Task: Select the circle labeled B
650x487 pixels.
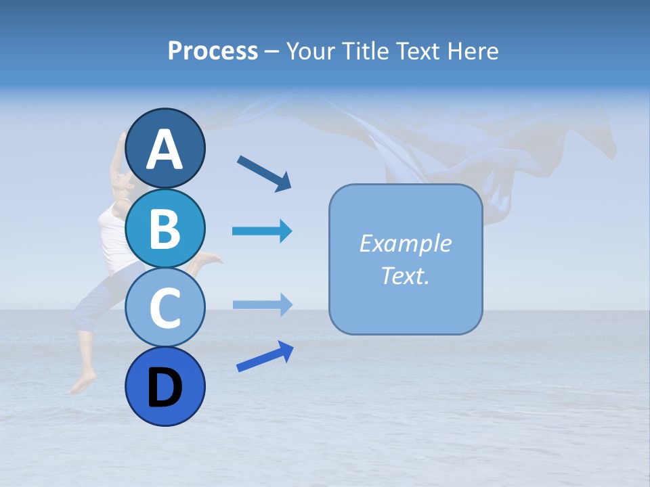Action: pos(165,228)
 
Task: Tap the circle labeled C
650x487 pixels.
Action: pos(165,308)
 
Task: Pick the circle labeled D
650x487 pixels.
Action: pos(165,387)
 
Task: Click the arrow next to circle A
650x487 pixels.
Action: pos(264,173)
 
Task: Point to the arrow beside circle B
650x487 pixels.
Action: pos(262,231)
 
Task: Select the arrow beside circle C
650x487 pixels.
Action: pos(262,304)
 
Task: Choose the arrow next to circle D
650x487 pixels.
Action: pos(265,356)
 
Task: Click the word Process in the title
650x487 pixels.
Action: pos(213,51)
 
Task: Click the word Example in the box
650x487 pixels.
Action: pos(405,243)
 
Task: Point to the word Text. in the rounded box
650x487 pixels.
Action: pos(405,276)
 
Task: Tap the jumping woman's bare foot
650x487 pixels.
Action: pos(80,386)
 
